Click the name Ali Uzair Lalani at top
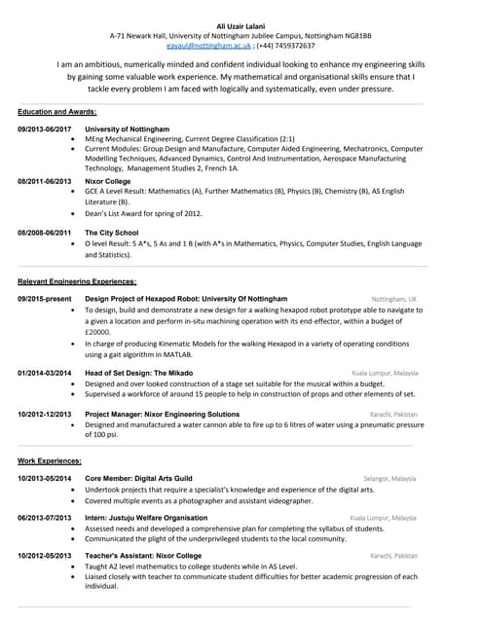point(240,24)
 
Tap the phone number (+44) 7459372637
point(286,45)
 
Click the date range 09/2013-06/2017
point(45,128)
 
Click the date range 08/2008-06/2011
point(45,233)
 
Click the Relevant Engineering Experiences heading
point(77,281)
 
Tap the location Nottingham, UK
point(393,299)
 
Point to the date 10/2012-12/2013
point(45,415)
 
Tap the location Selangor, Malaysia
point(389,479)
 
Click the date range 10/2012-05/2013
point(45,555)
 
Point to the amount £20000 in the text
point(97,332)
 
